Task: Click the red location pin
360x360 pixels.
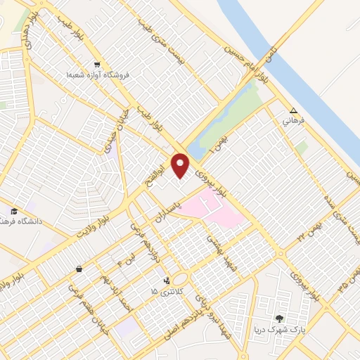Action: pyautogui.click(x=181, y=166)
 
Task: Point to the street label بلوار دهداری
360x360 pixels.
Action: pyautogui.click(x=26, y=29)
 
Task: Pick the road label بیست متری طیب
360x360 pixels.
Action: pyautogui.click(x=166, y=39)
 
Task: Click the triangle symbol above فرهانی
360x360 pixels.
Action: pyautogui.click(x=294, y=111)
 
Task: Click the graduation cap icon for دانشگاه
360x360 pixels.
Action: pyautogui.click(x=13, y=211)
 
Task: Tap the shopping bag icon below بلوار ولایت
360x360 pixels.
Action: pyautogui.click(x=79, y=269)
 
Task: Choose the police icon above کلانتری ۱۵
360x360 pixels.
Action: pyautogui.click(x=166, y=281)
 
